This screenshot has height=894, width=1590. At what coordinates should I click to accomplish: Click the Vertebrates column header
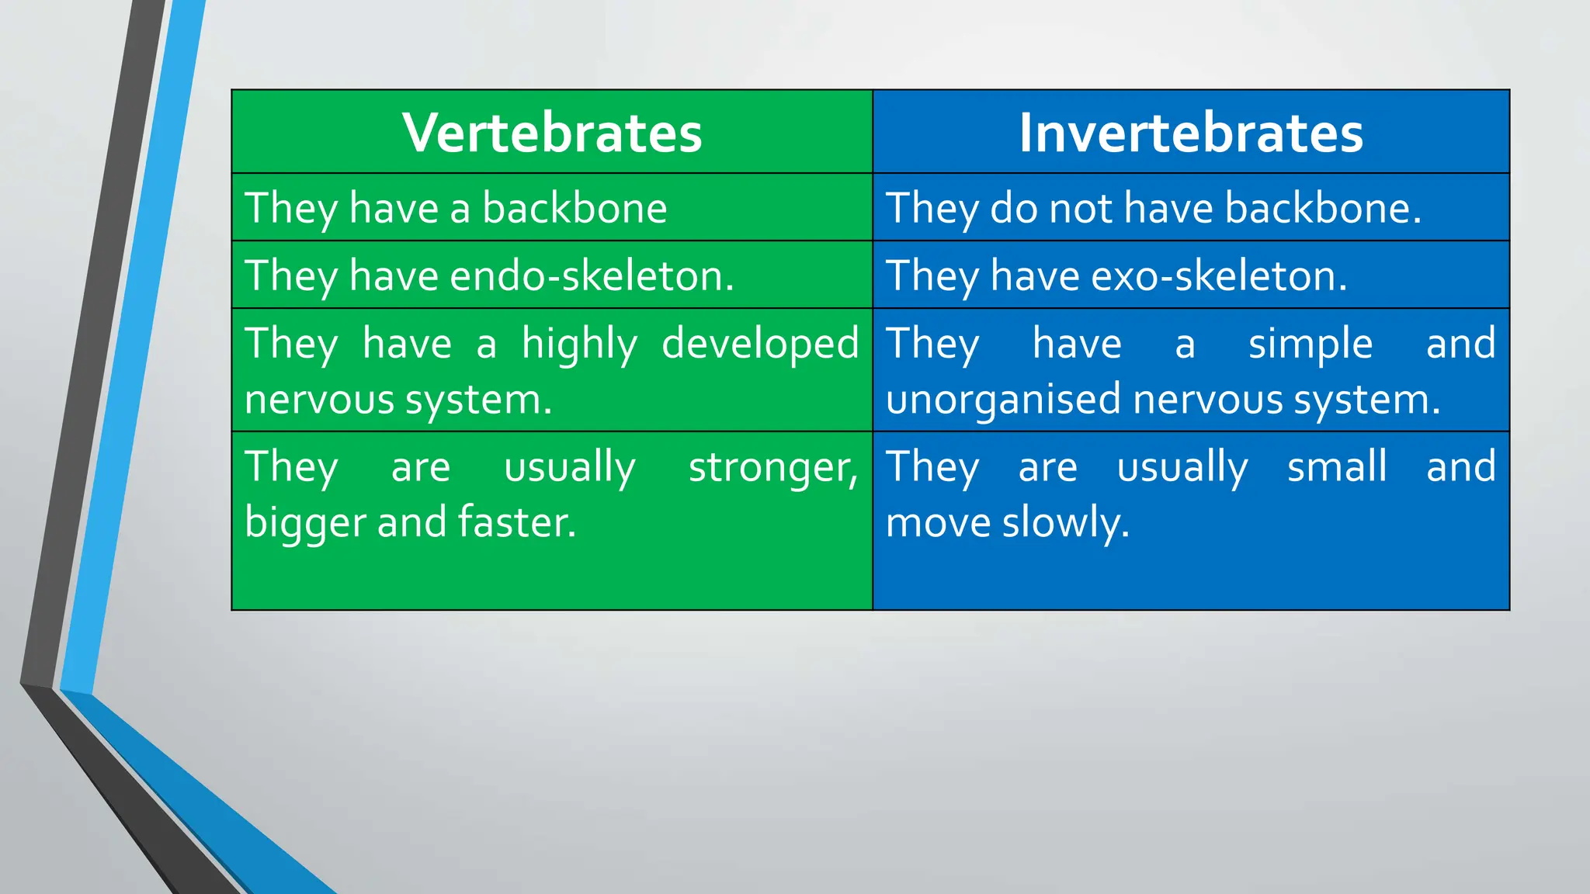[x=552, y=133]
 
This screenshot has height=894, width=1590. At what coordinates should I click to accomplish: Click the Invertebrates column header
[x=1190, y=133]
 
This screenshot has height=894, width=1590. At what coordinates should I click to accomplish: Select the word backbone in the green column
[x=574, y=208]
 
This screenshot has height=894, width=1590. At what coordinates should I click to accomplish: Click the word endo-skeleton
[x=591, y=275]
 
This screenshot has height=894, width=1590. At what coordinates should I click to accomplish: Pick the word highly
[x=579, y=344]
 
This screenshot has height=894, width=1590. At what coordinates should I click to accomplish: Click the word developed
[x=760, y=344]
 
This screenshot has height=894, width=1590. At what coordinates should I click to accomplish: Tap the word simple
[x=1310, y=344]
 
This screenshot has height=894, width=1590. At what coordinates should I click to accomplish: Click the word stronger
[x=772, y=467]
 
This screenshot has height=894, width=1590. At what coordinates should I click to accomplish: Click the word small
[x=1336, y=467]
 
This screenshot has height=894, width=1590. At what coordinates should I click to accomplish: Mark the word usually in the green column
[x=569, y=467]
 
